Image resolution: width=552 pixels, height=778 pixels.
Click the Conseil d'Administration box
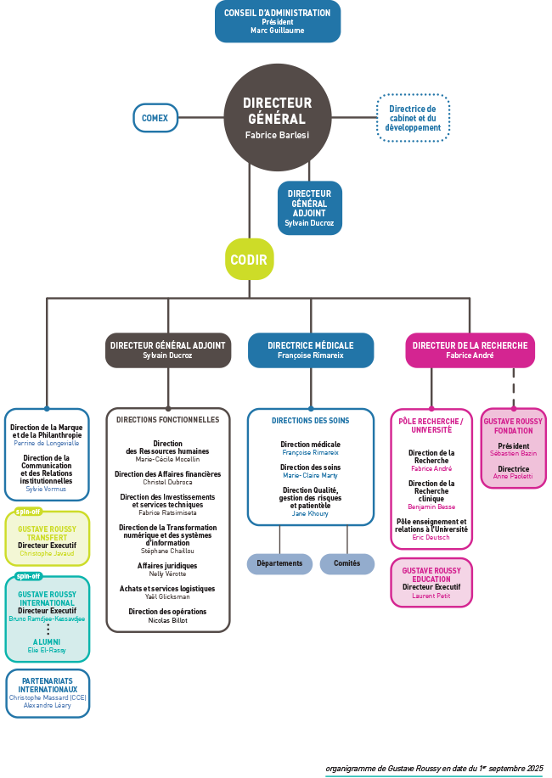click(x=277, y=21)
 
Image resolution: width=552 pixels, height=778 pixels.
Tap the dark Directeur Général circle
click(x=277, y=117)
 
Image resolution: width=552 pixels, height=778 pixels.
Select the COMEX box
click(x=155, y=118)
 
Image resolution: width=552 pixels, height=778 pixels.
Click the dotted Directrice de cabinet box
click(x=413, y=118)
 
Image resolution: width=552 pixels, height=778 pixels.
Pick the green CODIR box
click(x=249, y=260)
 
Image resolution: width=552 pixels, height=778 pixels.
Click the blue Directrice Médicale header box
click(x=310, y=350)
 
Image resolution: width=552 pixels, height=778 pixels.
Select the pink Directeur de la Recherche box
click(x=470, y=350)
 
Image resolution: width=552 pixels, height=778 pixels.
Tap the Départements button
click(x=279, y=563)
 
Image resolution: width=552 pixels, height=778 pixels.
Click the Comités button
click(x=346, y=563)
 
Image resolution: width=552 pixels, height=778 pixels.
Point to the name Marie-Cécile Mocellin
click(x=168, y=459)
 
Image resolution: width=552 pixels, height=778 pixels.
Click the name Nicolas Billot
click(x=168, y=620)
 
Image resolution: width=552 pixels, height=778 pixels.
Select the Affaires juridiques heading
click(x=168, y=565)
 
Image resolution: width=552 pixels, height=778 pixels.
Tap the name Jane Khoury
click(x=310, y=513)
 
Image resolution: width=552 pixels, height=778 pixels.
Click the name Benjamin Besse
click(x=432, y=507)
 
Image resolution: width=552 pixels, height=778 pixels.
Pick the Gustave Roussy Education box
click(x=431, y=582)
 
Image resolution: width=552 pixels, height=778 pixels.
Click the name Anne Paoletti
click(x=513, y=476)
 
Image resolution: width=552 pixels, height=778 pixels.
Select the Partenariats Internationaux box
click(x=48, y=693)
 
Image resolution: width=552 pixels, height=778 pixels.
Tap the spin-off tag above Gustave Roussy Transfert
click(x=29, y=512)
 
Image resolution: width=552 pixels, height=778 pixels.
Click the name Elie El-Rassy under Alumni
click(x=47, y=650)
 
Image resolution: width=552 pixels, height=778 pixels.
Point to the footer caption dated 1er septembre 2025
click(x=434, y=769)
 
